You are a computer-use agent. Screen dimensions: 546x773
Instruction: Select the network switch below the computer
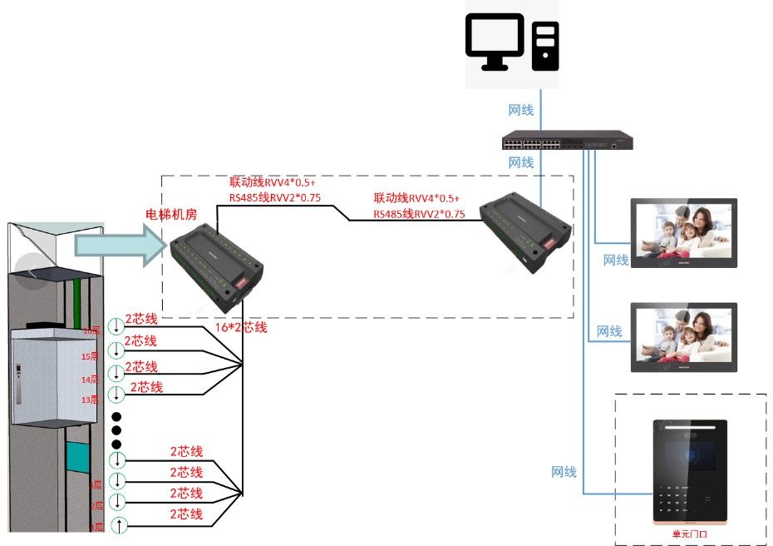coord(567,140)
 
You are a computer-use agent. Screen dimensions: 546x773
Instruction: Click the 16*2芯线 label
coord(241,327)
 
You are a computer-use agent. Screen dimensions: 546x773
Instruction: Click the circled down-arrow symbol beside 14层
coord(116,373)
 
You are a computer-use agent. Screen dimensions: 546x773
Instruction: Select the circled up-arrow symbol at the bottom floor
coord(119,525)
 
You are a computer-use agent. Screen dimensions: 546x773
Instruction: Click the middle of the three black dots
coord(117,430)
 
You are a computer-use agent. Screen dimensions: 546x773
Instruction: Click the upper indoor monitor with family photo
coord(683,233)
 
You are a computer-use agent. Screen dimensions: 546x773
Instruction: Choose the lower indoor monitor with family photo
coord(683,337)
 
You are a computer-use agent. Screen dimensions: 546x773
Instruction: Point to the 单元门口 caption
coord(689,533)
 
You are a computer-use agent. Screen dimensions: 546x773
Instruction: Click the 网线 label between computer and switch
coord(521,110)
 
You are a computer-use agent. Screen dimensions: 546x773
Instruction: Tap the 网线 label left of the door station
coord(564,472)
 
